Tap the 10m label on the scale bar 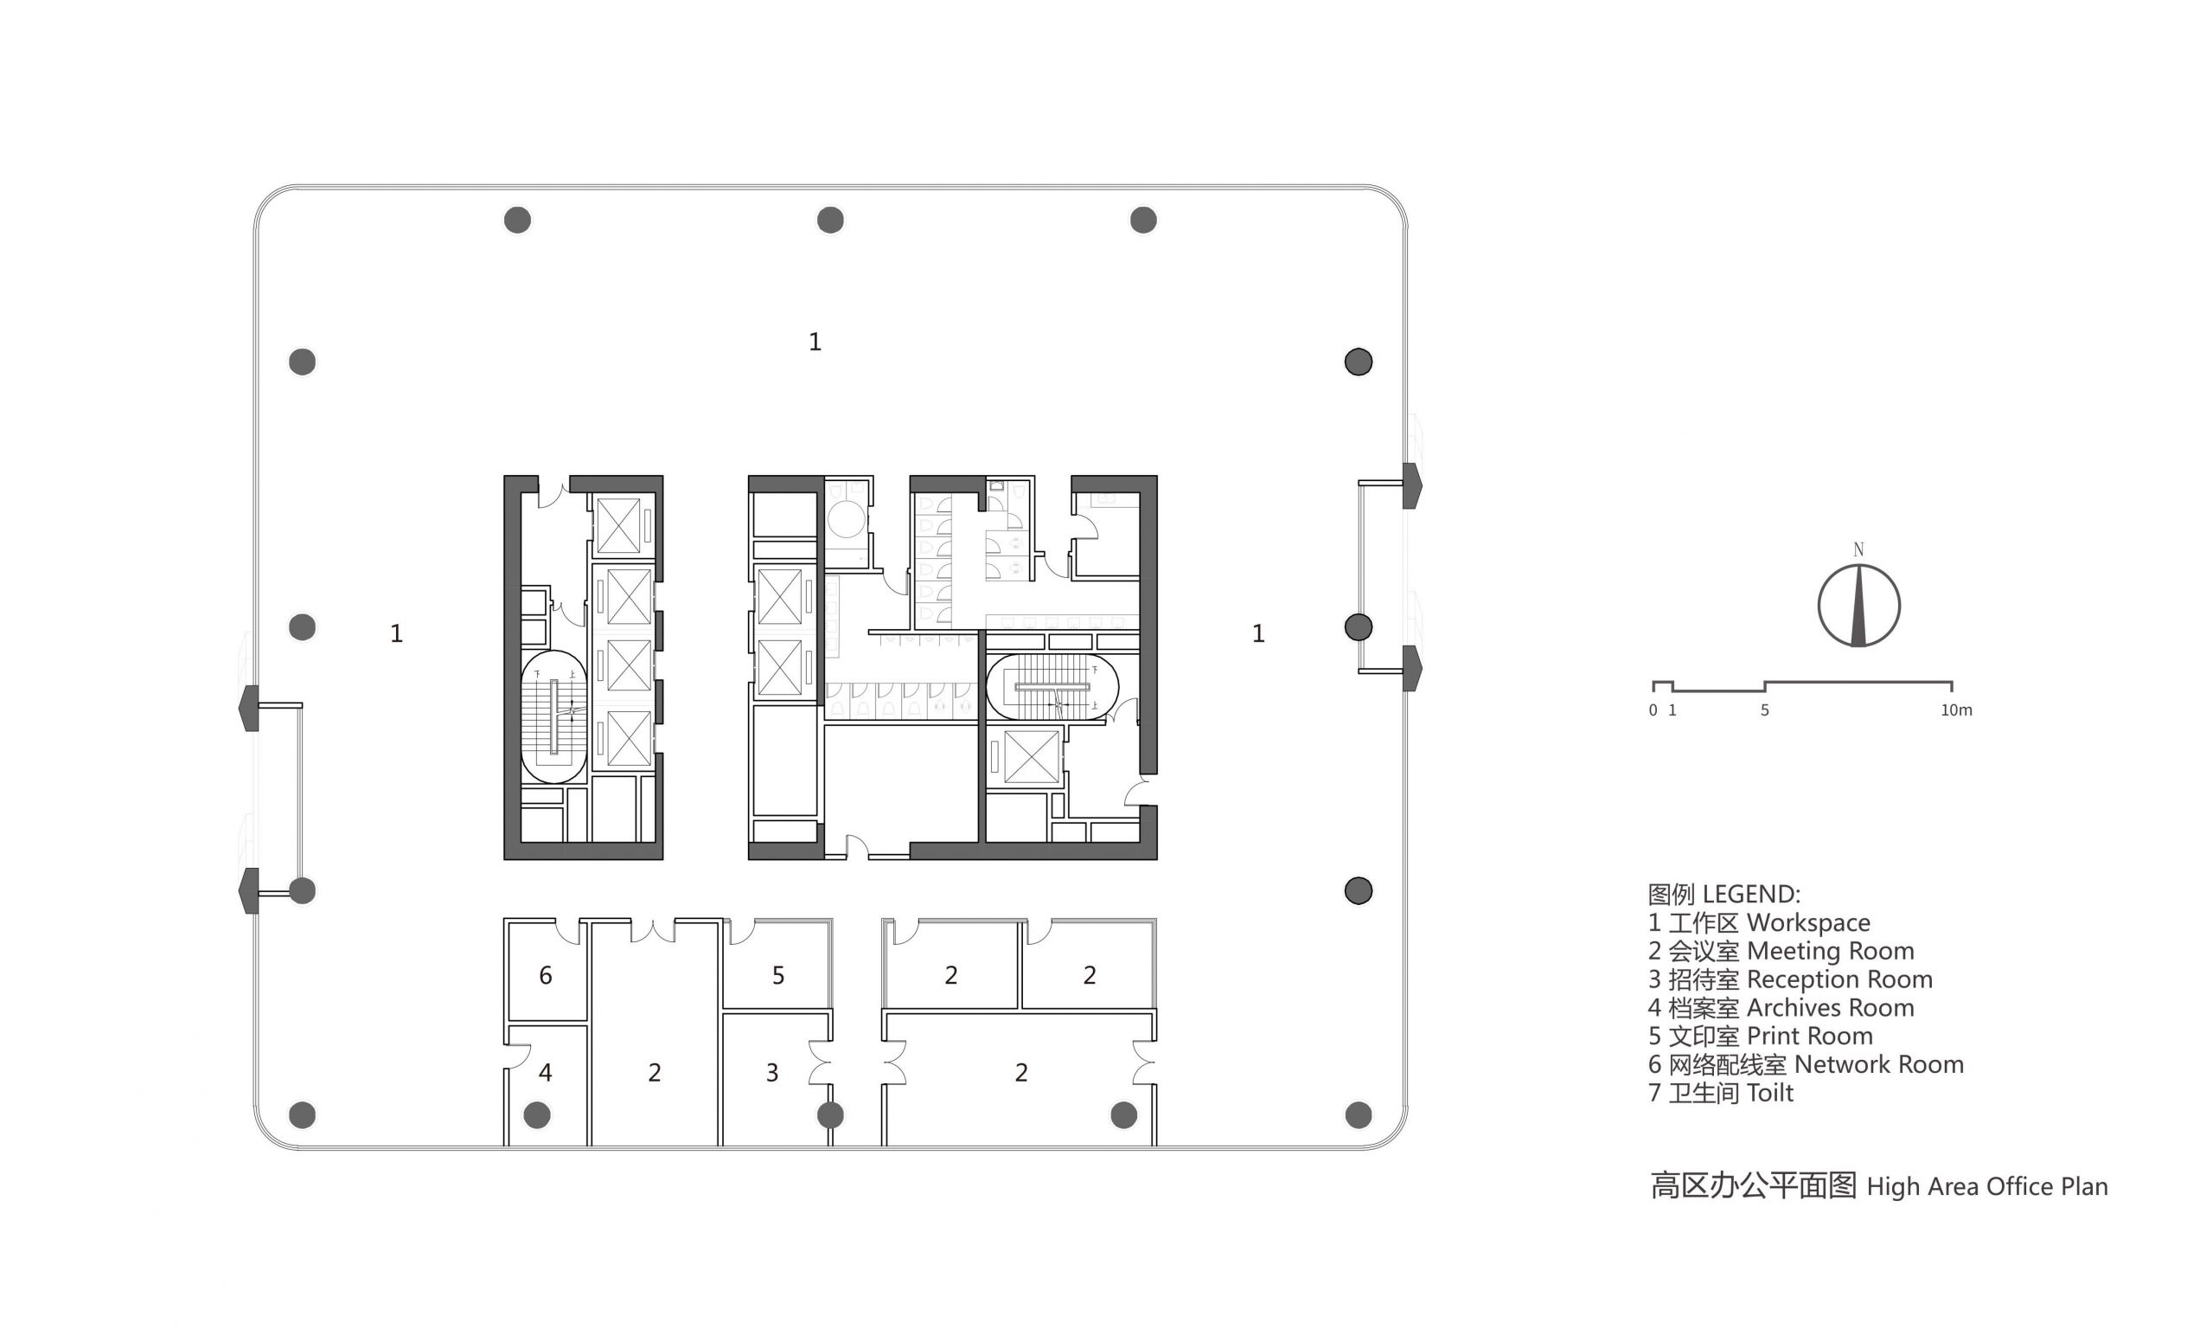pos(1956,710)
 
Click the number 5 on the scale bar pos(1764,710)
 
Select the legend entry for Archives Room pos(1781,1008)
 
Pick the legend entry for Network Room pos(1806,1064)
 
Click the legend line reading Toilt pos(1720,1093)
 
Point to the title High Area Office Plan pos(1879,1186)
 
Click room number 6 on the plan pos(546,976)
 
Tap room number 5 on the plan pos(778,976)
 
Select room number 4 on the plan pos(546,1072)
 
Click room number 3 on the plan pos(772,1072)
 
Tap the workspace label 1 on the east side pos(1257,633)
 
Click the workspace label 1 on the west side pos(397,633)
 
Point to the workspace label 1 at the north pos(815,342)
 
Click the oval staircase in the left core pos(553,716)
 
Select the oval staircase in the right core pos(1052,687)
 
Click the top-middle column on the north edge pos(831,220)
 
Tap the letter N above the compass pos(1858,550)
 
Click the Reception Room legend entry pos(1790,979)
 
